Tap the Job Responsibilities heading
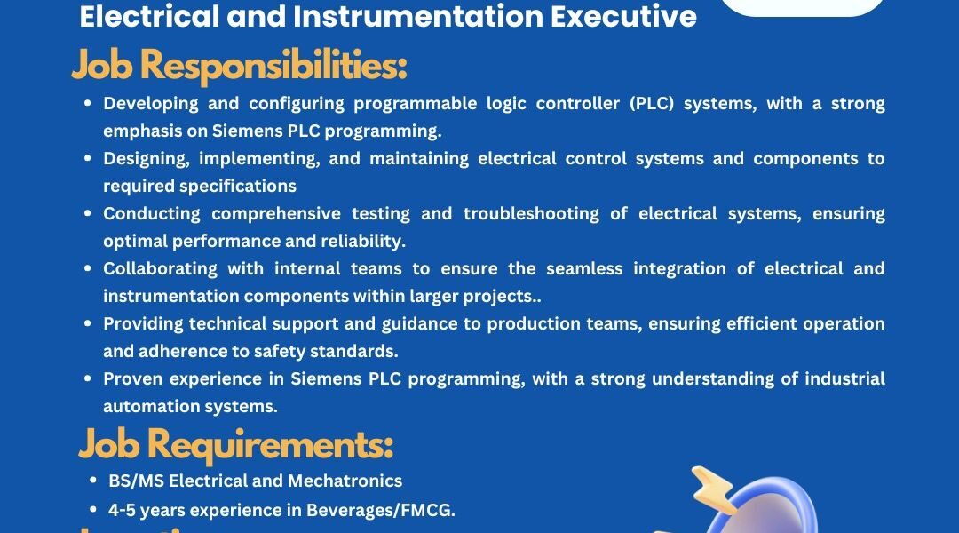(x=239, y=66)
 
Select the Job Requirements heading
(x=236, y=445)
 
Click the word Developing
(x=150, y=104)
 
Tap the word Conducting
(x=151, y=214)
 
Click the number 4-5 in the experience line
(x=122, y=511)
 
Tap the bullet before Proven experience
(x=87, y=378)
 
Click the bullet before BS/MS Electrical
(x=93, y=481)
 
